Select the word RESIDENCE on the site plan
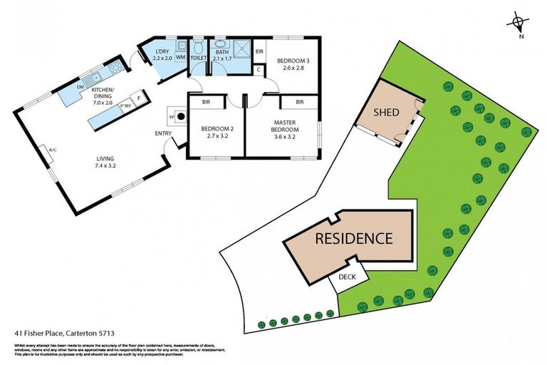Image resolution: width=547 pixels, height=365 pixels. click(353, 238)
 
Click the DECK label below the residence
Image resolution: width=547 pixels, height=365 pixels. click(347, 277)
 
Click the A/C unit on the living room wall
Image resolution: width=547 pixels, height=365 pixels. click(52, 150)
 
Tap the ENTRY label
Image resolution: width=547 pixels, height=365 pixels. click(162, 133)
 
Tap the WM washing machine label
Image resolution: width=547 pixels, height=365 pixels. click(180, 57)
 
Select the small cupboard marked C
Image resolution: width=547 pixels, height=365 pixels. click(259, 70)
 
